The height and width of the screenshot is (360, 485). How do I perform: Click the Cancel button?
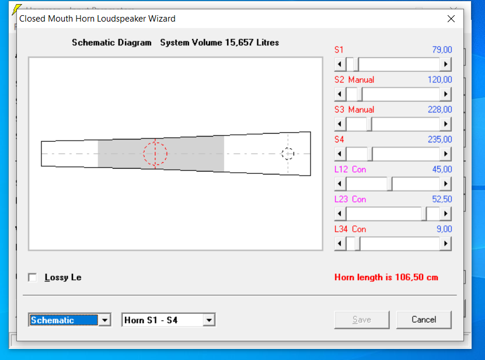point(424,320)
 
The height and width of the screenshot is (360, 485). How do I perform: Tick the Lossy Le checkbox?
point(33,277)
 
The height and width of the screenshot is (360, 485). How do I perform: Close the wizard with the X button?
point(451,19)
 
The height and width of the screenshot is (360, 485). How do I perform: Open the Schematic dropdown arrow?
point(105,320)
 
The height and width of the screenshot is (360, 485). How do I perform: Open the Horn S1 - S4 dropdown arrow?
point(209,320)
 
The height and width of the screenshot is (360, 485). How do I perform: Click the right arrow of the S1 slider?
point(445,64)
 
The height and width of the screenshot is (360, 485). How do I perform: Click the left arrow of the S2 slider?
point(340,94)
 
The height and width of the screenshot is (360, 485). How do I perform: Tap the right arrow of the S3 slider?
point(445,124)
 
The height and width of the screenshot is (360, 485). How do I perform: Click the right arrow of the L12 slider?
point(445,184)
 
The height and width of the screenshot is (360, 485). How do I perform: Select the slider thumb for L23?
point(424,214)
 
